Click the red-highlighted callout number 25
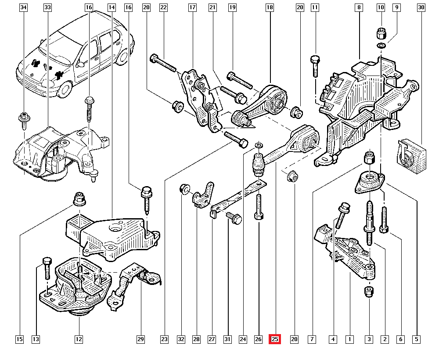click(x=275, y=339)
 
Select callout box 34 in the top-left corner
click(x=24, y=7)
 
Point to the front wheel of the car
click(x=65, y=88)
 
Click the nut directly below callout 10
click(x=381, y=33)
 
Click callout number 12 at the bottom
click(x=79, y=339)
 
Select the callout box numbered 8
click(x=359, y=7)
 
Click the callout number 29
click(x=140, y=339)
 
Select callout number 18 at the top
click(x=270, y=7)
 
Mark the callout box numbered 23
click(x=164, y=339)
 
